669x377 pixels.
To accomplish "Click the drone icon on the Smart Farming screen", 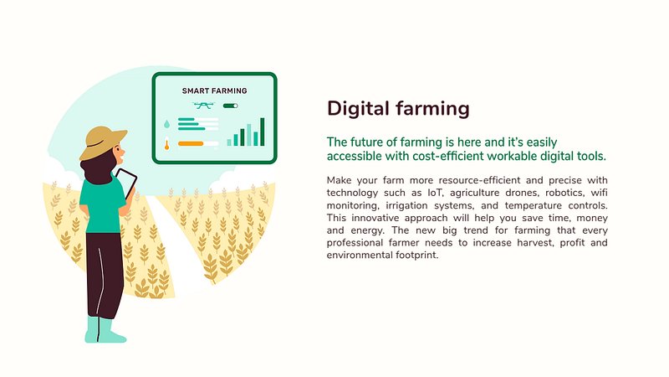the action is point(203,106).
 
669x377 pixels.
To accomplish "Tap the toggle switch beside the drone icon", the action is point(231,106).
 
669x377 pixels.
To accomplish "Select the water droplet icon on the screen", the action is point(166,124).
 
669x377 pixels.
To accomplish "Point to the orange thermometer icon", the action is point(166,144).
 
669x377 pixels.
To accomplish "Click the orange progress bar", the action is point(191,143).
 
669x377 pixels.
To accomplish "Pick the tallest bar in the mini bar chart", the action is point(263,132).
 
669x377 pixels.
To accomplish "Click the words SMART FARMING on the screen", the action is point(215,90).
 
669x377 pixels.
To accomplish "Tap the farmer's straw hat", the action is point(102,142).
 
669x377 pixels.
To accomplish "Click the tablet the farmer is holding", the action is point(127,183).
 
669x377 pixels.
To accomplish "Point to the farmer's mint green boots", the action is point(105,330).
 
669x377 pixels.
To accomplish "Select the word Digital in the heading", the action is point(358,109).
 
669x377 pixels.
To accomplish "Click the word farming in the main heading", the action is point(432,109).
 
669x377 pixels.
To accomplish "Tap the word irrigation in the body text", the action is point(406,205).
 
